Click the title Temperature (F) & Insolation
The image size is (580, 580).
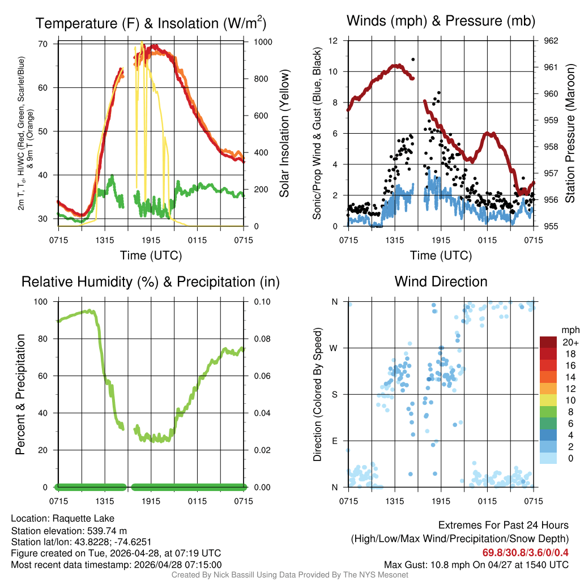coord(151,24)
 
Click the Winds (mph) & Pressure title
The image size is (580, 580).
coord(441,21)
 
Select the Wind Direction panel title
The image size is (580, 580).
coord(441,282)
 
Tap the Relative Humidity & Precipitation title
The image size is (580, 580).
coord(151,282)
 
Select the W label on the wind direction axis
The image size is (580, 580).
coord(335,348)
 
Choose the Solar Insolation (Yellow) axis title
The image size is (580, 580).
coord(284,134)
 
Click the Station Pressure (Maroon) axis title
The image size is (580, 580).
coord(570,134)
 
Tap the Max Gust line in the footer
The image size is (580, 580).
coord(476,564)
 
